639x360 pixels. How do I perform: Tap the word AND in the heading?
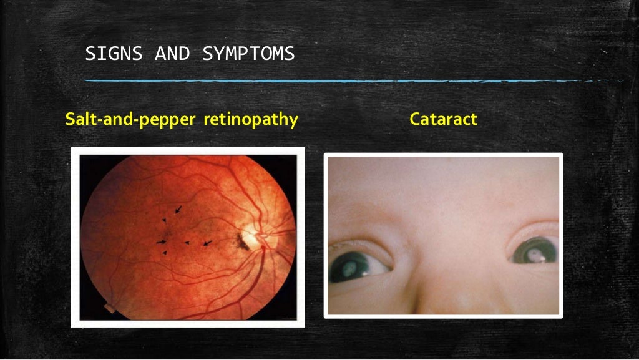point(172,54)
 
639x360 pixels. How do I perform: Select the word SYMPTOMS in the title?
point(248,54)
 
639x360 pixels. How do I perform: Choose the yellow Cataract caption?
point(443,119)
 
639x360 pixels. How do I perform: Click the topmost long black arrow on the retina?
point(179,210)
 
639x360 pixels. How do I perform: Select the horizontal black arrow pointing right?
point(161,241)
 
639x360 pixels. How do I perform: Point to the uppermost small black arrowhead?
point(164,220)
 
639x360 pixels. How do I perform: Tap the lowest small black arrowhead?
point(164,253)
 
